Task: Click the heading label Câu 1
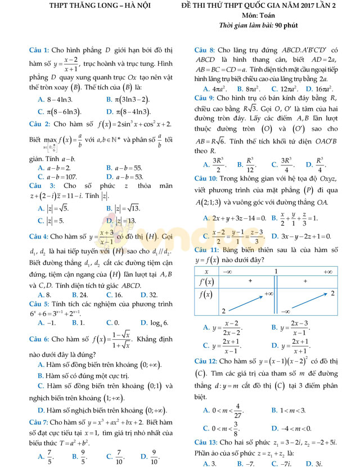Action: (39, 50)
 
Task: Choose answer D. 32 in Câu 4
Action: (149, 295)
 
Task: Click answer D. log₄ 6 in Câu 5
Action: (153, 323)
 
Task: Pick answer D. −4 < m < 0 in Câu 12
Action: (291, 428)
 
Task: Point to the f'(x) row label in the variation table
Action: (206, 280)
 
